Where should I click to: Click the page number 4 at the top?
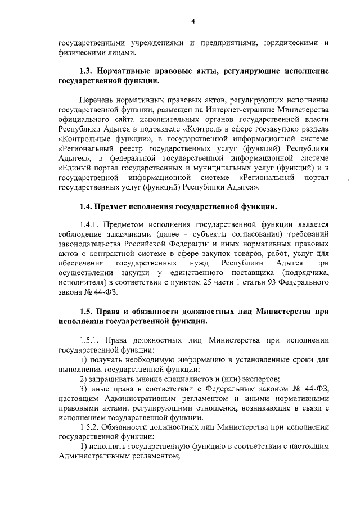point(192,22)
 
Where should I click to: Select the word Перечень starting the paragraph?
point(97,99)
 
